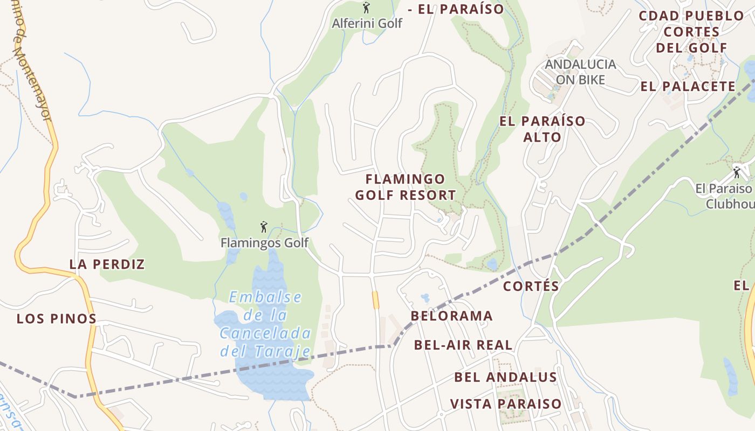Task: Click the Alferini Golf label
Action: [367, 23]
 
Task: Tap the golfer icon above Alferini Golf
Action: [367, 8]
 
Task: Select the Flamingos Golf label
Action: [264, 243]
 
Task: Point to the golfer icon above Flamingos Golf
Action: [264, 227]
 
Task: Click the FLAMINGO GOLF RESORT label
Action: [406, 187]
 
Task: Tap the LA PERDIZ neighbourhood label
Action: [107, 264]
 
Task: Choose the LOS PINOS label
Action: [57, 318]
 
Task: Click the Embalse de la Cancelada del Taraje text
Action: [265, 324]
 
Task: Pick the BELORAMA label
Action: [452, 316]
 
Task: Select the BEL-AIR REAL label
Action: [463, 345]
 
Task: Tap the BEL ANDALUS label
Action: [505, 377]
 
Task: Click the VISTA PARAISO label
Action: [506, 404]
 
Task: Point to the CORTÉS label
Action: [531, 286]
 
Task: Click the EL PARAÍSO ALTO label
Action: [542, 129]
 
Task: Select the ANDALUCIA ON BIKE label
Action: [580, 72]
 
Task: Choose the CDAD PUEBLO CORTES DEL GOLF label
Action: [691, 32]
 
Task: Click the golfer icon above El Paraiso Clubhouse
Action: [737, 172]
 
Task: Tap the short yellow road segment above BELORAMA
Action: [375, 300]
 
